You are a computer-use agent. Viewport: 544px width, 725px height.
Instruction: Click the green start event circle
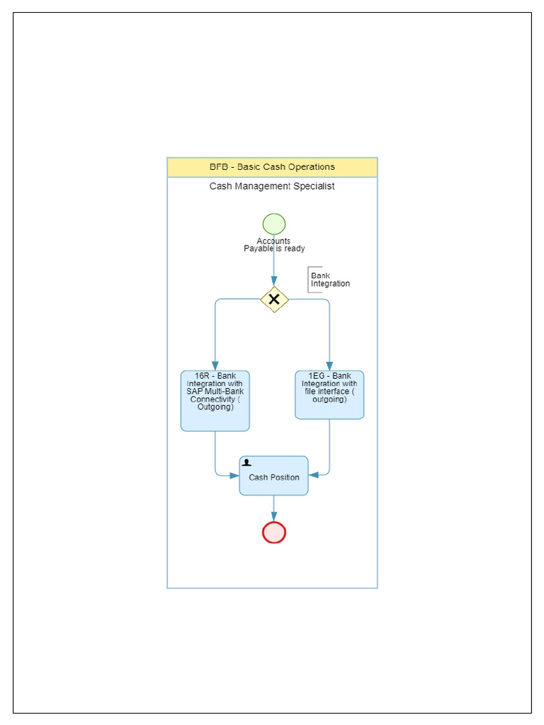pos(274,224)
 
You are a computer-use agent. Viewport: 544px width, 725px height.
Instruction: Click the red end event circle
pos(274,532)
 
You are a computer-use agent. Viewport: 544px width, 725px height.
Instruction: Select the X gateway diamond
pos(274,299)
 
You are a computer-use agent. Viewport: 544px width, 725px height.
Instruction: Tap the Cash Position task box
pos(273,476)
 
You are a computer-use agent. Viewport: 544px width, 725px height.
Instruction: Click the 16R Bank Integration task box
pos(215,401)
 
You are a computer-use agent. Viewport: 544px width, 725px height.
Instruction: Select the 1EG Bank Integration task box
pos(329,395)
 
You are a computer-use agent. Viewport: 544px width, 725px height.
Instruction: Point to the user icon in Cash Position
pos(246,462)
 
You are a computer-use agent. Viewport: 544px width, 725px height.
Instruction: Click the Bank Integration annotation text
pos(329,280)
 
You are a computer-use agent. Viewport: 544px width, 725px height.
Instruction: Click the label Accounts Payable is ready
pos(274,245)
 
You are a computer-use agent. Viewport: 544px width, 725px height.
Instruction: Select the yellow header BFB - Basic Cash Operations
pos(272,167)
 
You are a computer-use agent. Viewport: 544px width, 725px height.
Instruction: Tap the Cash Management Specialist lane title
pos(272,186)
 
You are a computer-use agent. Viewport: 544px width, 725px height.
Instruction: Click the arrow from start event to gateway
pos(274,262)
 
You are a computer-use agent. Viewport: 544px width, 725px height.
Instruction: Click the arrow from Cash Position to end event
pos(274,508)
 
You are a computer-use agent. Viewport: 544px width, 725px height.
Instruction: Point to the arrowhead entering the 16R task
pos(215,366)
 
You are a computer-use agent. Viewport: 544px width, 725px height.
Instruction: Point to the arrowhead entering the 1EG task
pos(329,366)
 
